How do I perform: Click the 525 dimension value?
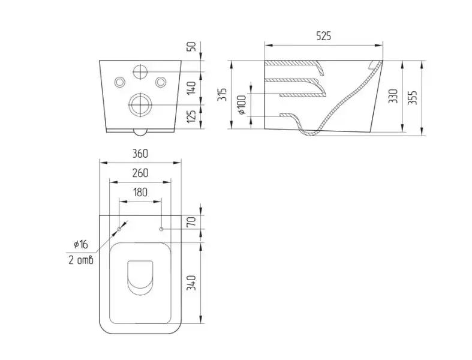pos(324,36)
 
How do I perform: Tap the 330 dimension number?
pos(393,96)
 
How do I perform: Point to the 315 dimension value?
pos(222,95)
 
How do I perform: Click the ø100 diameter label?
pos(242,104)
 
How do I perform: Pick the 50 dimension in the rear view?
pos(192,46)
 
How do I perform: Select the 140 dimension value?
pos(192,88)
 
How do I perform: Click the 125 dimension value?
pos(192,116)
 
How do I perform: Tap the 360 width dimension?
pos(140,154)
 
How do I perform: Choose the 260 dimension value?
pos(140,173)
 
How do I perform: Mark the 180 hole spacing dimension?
pos(140,192)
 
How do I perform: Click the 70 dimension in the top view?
pos(192,221)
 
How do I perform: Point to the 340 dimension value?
pos(192,283)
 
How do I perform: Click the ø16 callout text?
pos(81,244)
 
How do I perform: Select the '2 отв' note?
pos(81,260)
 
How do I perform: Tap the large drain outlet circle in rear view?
pos(140,105)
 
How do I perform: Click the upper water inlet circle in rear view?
pos(140,71)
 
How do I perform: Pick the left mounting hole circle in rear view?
pos(120,82)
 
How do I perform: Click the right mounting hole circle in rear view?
pos(161,82)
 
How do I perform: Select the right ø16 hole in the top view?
pos(161,229)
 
